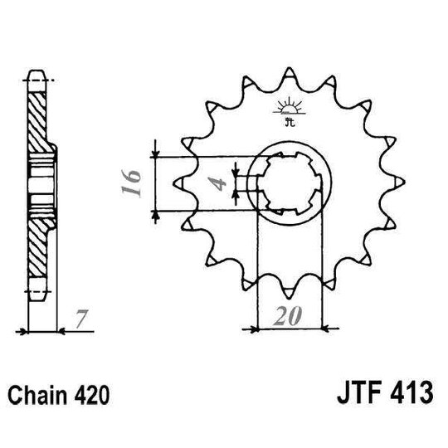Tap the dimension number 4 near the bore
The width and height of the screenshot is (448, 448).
pos(220,183)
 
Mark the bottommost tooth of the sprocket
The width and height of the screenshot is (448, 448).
pos(290,290)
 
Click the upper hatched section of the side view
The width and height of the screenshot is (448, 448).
pos(39,116)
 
